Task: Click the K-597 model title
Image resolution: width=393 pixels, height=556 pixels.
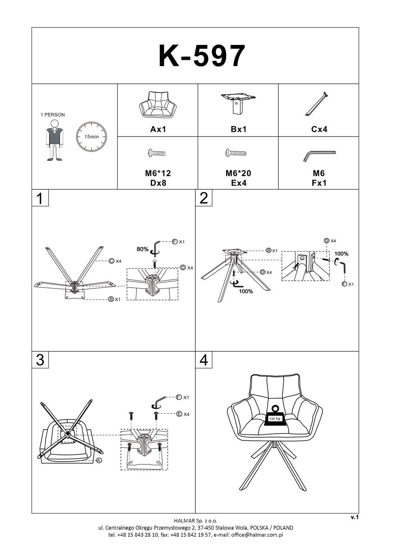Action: [x=202, y=56]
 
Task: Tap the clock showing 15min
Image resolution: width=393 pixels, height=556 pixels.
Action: [x=91, y=136]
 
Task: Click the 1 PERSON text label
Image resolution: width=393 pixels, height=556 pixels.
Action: [x=52, y=115]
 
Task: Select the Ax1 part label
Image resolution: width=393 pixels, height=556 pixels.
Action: [x=158, y=129]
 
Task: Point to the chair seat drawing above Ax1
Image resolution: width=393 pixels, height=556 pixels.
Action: [x=158, y=105]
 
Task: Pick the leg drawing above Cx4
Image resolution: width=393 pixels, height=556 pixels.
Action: [x=316, y=104]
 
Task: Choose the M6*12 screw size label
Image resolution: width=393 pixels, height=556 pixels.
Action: [x=158, y=173]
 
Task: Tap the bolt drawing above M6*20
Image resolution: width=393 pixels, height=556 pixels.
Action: [x=235, y=152]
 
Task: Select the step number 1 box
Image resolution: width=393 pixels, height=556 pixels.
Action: [x=40, y=198]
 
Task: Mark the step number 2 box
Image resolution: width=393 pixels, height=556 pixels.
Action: [x=204, y=198]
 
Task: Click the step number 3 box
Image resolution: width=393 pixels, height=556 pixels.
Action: [x=40, y=360]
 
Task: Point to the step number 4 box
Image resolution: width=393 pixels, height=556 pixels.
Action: [x=204, y=360]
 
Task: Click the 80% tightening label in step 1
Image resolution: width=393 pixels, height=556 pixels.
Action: [x=142, y=249]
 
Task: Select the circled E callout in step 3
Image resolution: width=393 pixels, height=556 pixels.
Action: [x=179, y=414]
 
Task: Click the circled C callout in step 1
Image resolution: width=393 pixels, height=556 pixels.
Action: [x=111, y=261]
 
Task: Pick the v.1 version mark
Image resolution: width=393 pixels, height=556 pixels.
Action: [x=354, y=517]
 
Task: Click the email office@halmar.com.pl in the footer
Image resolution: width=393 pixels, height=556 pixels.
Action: [x=257, y=535]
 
